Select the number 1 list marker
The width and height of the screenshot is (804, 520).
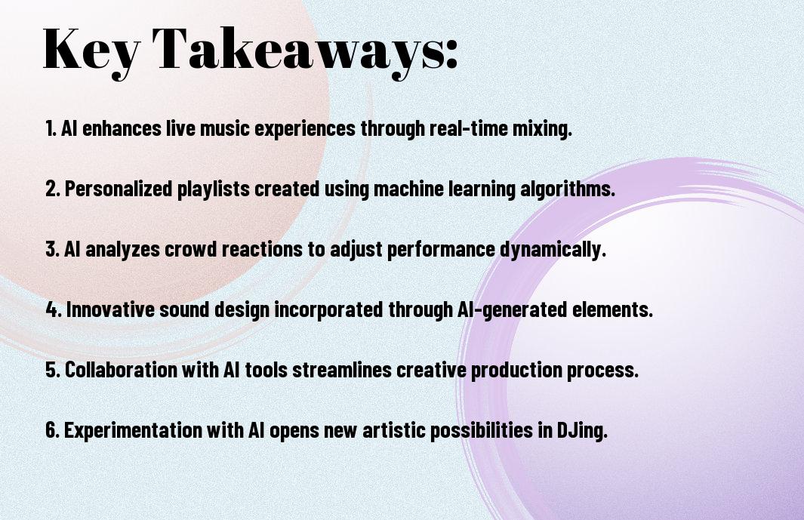51,128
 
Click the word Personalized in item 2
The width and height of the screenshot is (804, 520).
119,189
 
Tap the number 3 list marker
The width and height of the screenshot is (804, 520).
52,249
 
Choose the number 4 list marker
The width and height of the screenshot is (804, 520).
54,309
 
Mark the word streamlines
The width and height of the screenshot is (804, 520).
342,370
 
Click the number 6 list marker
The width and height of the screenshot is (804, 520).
53,430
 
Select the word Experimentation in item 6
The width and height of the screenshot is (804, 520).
134,430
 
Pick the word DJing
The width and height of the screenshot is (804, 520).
582,430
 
